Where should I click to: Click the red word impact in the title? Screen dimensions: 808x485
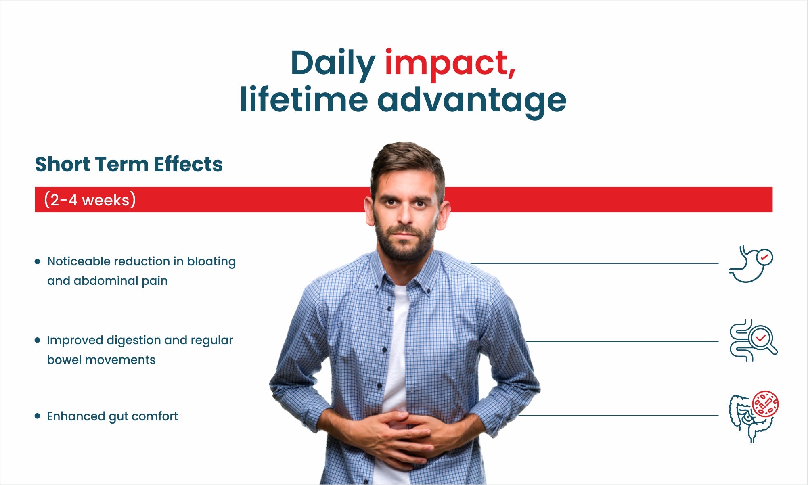450,64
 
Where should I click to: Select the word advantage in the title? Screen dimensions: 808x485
472,100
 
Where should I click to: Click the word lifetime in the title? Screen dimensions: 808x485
304,98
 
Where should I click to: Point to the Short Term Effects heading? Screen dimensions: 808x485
129,164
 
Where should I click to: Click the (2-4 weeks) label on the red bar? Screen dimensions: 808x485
90,200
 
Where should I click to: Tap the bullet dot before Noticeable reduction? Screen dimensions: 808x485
38,261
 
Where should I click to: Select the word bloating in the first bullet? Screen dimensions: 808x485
211,262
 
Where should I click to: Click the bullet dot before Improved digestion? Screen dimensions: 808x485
38,340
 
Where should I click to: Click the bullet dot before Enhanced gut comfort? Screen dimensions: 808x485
38,416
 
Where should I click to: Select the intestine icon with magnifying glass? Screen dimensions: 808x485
753,340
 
